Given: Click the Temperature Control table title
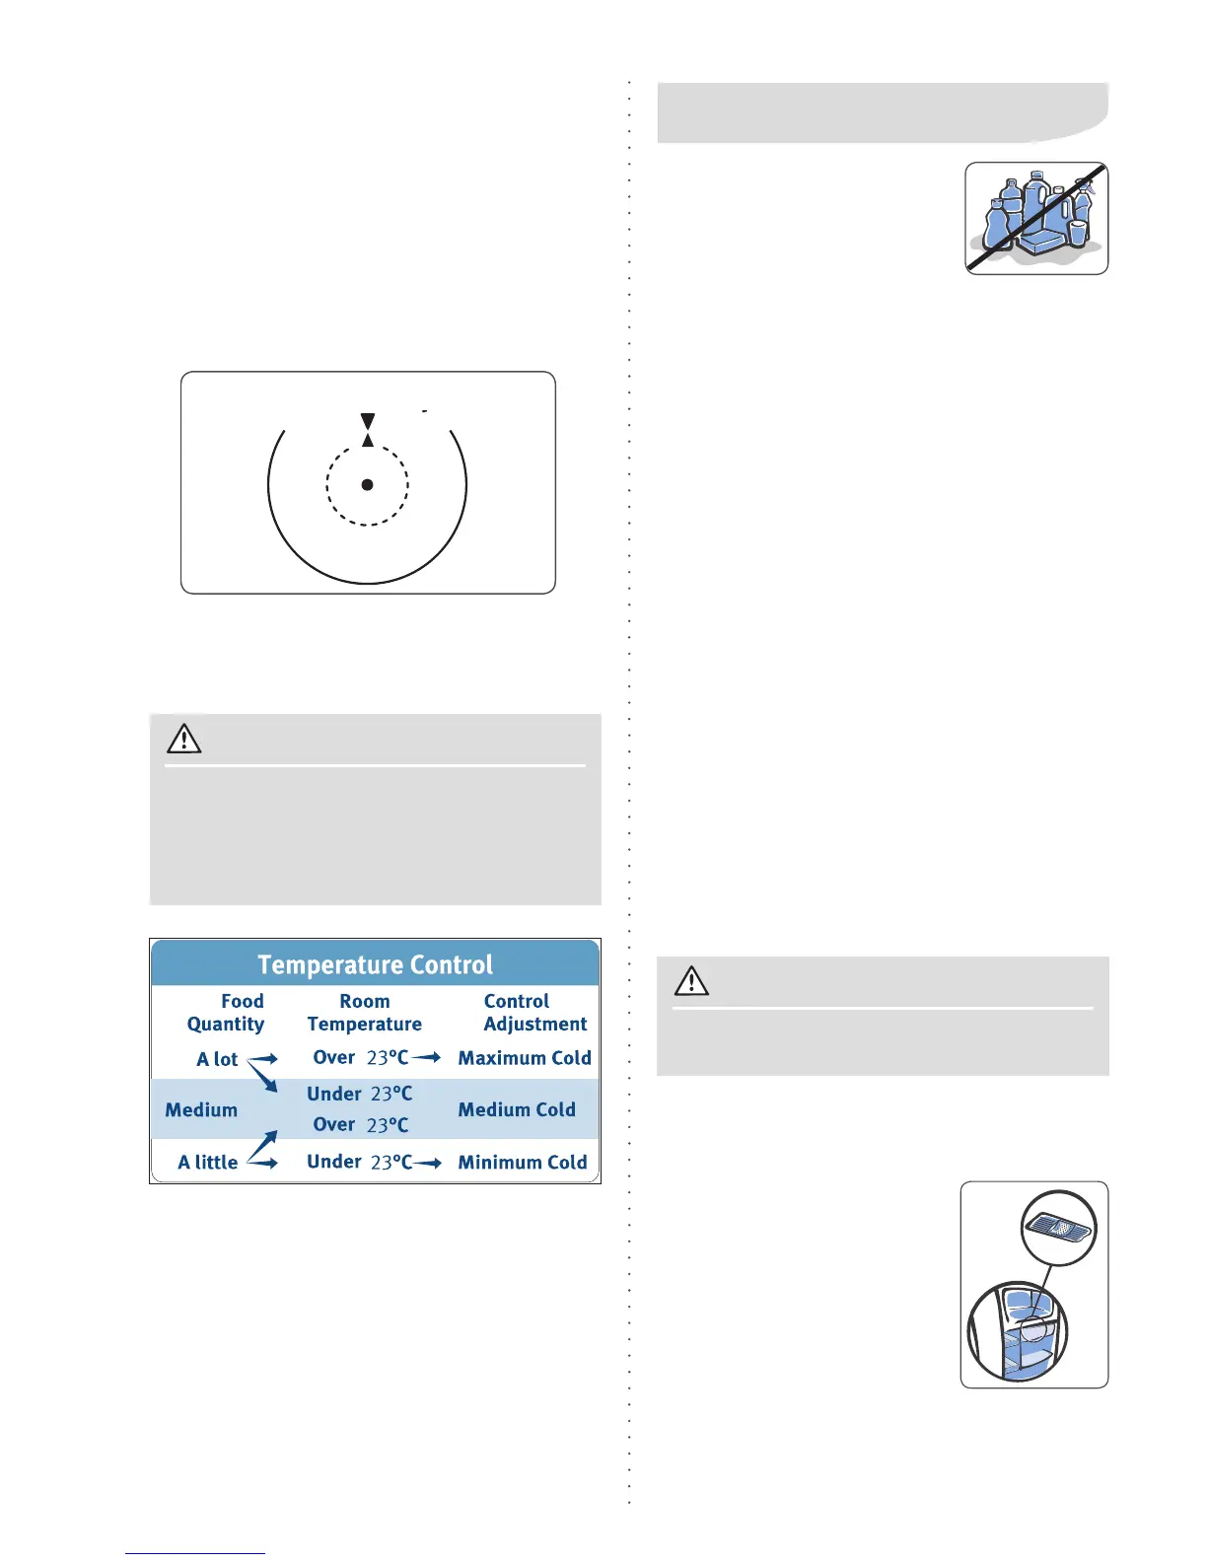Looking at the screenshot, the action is (x=375, y=964).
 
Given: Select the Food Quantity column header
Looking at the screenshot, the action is (x=227, y=1013).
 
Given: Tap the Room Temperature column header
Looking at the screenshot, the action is (x=364, y=1013).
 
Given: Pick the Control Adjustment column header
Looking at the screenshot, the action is (x=533, y=1013).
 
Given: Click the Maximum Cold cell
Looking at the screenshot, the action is (x=525, y=1058).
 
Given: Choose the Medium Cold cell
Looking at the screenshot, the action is (x=517, y=1109).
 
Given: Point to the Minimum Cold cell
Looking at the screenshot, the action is (x=523, y=1162).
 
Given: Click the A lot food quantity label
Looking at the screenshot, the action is (x=217, y=1059).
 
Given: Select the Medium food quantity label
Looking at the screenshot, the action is (x=201, y=1109).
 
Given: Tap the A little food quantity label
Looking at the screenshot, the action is (x=208, y=1162).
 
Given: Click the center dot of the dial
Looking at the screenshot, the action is (x=367, y=484).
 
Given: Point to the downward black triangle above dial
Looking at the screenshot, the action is (x=367, y=421).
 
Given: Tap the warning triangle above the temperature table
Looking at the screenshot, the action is (x=184, y=739).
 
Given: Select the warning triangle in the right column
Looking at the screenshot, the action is (x=691, y=981).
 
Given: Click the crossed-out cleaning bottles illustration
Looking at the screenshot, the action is (x=1036, y=218).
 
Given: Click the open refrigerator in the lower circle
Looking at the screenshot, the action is (x=1019, y=1332).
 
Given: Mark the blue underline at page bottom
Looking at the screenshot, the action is (x=195, y=1553).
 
